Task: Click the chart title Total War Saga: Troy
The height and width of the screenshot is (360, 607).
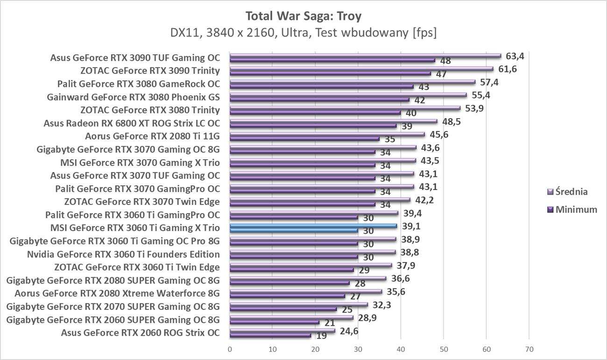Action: click(303, 16)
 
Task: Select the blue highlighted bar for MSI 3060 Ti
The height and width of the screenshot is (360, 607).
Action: click(313, 226)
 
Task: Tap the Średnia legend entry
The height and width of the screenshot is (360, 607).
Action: click(567, 191)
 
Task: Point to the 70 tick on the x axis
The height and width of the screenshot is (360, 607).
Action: click(529, 349)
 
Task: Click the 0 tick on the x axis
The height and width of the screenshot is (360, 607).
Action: click(230, 349)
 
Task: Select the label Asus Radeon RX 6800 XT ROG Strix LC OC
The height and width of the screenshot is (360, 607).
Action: click(132, 124)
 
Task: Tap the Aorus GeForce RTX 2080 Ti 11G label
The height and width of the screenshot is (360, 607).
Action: click(152, 137)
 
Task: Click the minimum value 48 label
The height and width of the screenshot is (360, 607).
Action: click(445, 61)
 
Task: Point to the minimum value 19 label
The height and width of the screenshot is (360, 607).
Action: click(321, 336)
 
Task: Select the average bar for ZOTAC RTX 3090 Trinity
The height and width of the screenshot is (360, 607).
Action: click(361, 69)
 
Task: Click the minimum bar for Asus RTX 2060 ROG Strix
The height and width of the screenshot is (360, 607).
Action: click(270, 335)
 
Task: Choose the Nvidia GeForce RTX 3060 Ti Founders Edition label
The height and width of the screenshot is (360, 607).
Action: click(123, 254)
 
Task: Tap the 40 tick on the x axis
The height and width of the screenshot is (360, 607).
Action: click(401, 349)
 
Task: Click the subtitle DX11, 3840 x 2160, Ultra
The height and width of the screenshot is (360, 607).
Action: click(303, 33)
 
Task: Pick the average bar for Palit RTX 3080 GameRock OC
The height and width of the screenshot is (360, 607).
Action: click(353, 82)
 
